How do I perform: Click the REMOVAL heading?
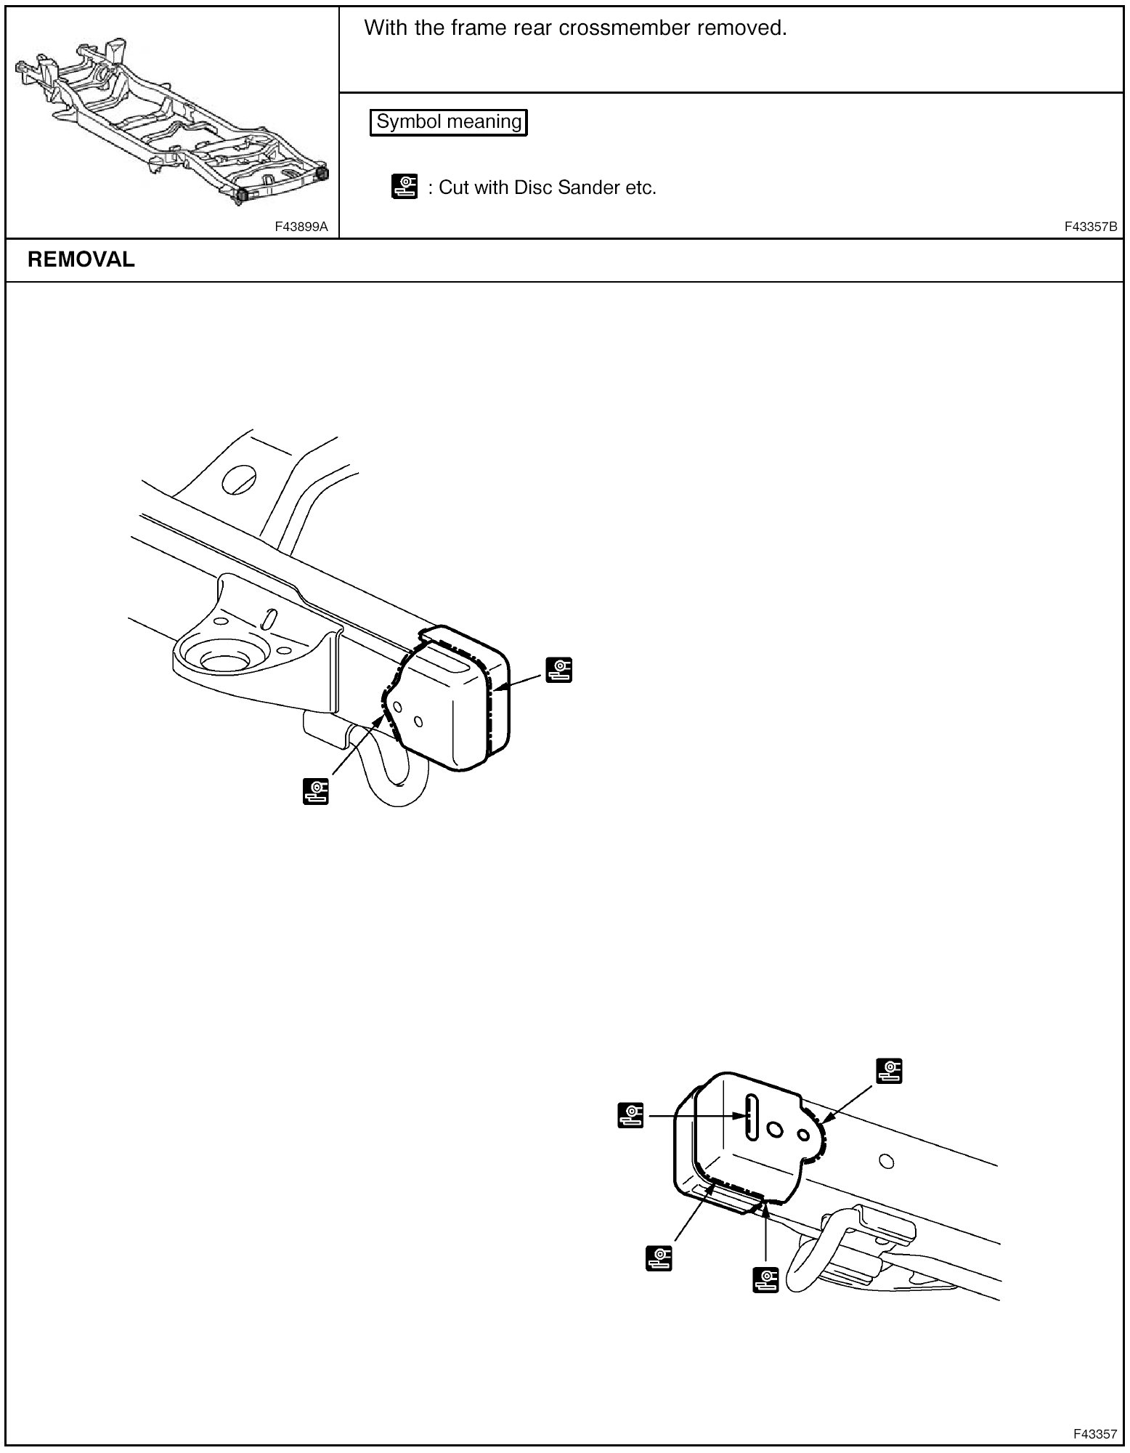[81, 259]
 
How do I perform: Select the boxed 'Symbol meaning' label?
[449, 121]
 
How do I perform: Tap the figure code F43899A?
[301, 227]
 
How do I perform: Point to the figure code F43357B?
[1091, 227]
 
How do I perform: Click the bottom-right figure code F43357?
[1095, 1434]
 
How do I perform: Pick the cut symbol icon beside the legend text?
[405, 187]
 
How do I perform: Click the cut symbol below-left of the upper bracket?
[316, 791]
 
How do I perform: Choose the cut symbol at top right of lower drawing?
[890, 1070]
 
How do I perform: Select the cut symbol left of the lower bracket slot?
[631, 1114]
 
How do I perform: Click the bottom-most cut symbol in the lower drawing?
[766, 1279]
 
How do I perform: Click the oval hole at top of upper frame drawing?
[239, 477]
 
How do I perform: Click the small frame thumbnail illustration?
[172, 121]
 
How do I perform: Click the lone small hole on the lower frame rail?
[885, 1160]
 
